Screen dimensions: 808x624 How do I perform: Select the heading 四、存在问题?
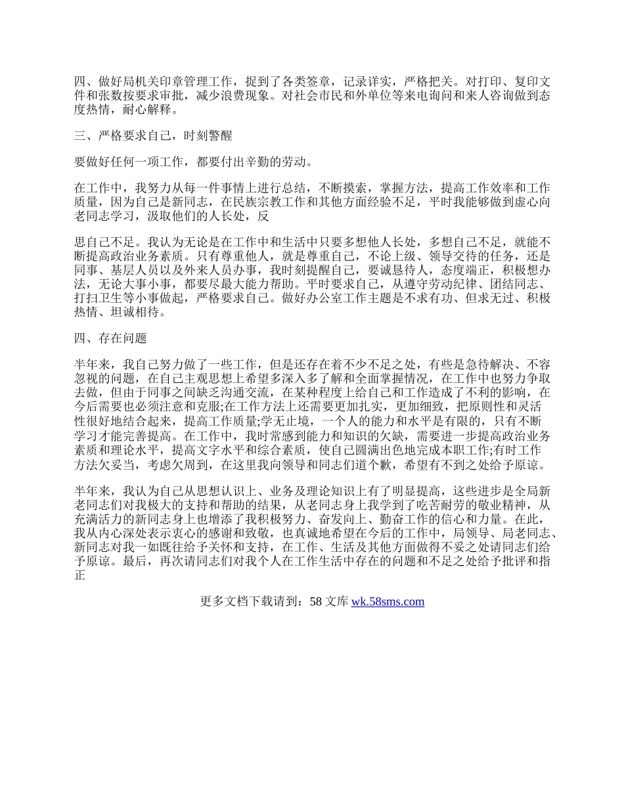click(x=110, y=338)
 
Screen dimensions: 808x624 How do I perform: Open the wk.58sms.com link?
click(x=388, y=601)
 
